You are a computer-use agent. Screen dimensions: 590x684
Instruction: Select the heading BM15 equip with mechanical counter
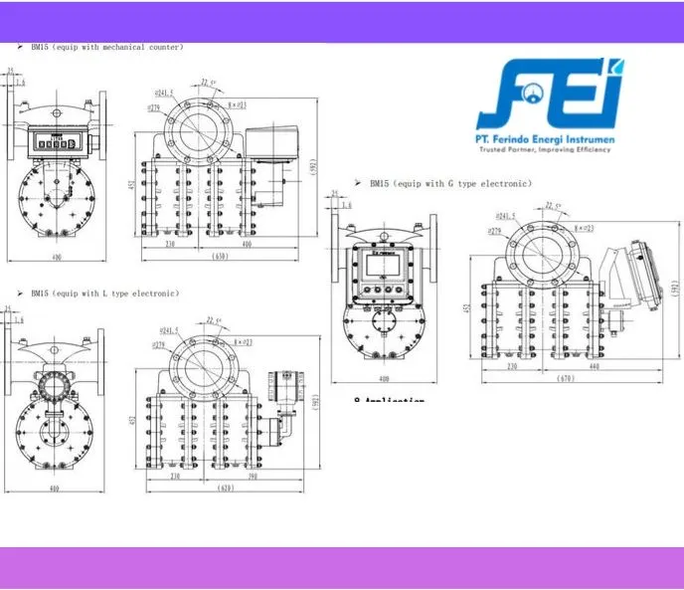coord(106,47)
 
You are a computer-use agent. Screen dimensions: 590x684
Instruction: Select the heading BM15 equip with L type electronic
coord(104,294)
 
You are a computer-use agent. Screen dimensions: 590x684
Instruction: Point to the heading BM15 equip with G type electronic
coord(450,184)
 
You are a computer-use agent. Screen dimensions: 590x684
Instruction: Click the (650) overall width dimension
coord(221,256)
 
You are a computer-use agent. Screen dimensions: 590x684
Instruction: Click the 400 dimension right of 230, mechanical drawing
coord(246,244)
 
